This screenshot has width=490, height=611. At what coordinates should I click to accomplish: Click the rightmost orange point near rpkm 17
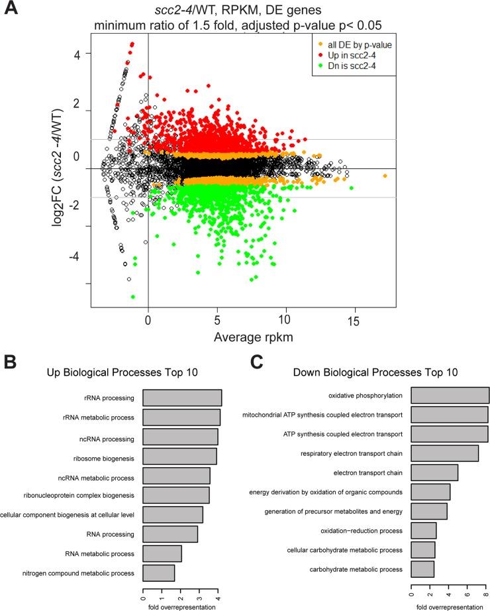tap(385, 176)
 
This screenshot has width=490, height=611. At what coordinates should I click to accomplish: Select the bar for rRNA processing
tap(182, 398)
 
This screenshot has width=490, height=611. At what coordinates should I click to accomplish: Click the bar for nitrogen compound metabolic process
tap(159, 573)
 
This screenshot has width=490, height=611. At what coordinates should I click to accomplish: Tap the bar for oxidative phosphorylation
tap(450, 396)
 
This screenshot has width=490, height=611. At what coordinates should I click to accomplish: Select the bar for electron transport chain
tap(434, 472)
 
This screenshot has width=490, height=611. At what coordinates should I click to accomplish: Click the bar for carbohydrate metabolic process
tap(422, 569)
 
